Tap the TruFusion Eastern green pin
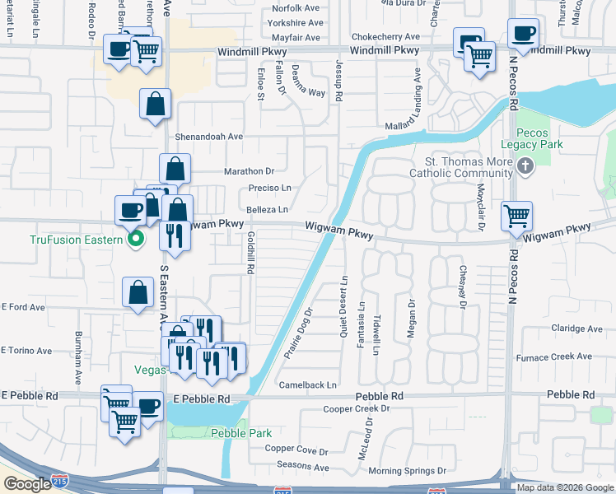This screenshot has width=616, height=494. pyautogui.click(x=137, y=240)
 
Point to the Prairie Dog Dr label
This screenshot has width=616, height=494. pyautogui.click(x=301, y=329)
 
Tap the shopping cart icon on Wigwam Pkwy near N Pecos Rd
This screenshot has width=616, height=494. pyautogui.click(x=516, y=217)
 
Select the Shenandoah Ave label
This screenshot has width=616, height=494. pyautogui.click(x=208, y=137)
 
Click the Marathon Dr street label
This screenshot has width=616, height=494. pyautogui.click(x=249, y=171)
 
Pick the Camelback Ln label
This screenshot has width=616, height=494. pyautogui.click(x=308, y=384)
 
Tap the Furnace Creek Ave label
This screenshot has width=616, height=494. pyautogui.click(x=553, y=357)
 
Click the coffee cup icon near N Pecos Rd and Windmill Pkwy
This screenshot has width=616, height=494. pyautogui.click(x=524, y=35)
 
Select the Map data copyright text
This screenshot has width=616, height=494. pyautogui.click(x=565, y=487)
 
